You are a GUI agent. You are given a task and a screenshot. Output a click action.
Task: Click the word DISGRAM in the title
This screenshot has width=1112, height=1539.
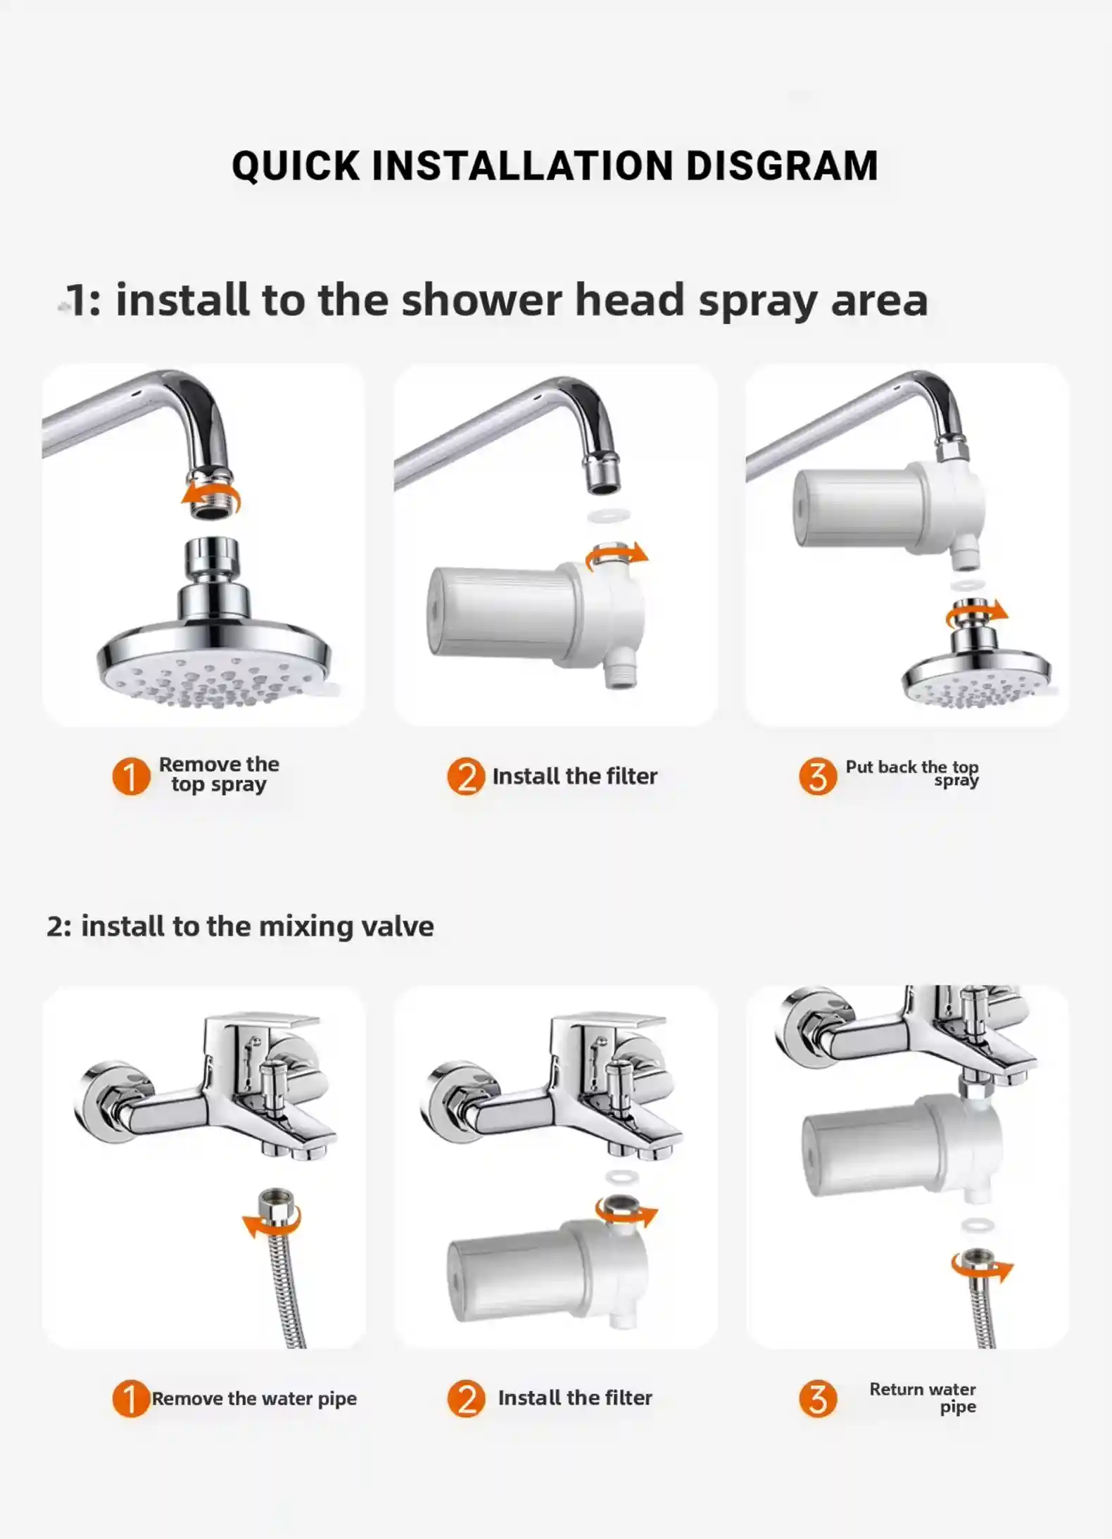point(781,166)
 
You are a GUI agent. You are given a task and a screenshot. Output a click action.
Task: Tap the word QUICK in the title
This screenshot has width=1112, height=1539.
point(296,166)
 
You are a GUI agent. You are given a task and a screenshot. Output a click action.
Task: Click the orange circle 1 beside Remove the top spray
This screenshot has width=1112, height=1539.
point(131,776)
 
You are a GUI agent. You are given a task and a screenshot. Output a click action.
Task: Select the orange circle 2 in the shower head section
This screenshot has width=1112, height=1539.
point(466,776)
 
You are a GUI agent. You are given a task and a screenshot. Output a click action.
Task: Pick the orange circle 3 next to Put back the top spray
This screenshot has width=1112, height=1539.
point(817,776)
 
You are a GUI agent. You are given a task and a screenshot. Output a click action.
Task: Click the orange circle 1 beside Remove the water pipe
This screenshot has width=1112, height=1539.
point(130,1398)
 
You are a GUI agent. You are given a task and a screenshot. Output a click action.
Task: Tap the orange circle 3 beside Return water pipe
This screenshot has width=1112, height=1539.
point(817,1398)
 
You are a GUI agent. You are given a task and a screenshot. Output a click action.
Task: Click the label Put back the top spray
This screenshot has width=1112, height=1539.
point(912,773)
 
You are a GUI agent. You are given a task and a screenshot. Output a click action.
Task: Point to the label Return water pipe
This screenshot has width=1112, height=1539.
point(923,1397)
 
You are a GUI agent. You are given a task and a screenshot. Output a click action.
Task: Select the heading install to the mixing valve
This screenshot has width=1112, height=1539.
point(241,926)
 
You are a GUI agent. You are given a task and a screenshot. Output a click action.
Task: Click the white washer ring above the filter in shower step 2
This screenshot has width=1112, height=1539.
point(608,516)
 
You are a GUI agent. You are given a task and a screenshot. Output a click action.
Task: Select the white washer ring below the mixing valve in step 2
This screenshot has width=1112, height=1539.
point(622,1176)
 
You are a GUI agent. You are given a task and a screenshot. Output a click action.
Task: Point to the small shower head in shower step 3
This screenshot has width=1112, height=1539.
point(977,681)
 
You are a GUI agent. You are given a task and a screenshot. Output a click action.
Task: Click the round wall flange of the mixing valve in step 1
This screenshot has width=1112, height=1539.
point(106,1100)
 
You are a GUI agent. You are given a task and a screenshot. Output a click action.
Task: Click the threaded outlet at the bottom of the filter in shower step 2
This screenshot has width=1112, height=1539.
point(620,676)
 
